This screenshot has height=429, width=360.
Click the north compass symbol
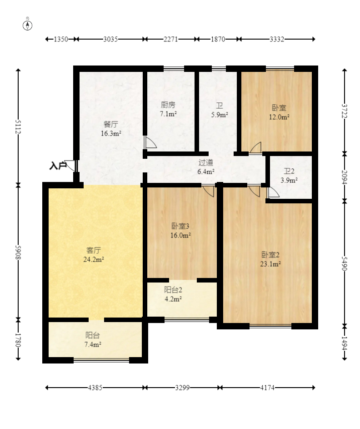point(27,25)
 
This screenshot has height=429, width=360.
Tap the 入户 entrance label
point(58,166)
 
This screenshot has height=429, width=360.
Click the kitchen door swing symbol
point(150,142)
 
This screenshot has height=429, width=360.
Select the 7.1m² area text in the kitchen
point(168,114)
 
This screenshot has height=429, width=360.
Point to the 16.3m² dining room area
point(111,133)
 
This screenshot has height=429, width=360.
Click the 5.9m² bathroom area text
point(220,115)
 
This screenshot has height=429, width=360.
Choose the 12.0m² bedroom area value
point(279,117)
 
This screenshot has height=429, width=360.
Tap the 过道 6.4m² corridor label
point(206,167)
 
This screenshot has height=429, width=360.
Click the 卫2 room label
point(289,171)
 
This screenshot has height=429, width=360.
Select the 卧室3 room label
point(180,226)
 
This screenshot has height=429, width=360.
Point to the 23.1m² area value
point(270,264)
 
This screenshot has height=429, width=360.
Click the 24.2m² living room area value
point(94,259)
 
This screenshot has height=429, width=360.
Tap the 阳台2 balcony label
point(173,290)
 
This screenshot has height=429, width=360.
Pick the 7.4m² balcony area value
point(93,344)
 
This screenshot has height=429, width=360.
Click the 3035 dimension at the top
point(110,39)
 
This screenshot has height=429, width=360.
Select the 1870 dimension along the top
point(218,39)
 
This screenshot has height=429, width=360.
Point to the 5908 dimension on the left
point(18,252)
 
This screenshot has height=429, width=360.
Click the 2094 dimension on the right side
point(345,177)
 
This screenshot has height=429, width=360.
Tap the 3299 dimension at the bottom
point(182,388)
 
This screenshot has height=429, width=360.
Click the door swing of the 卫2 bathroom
point(273,192)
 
